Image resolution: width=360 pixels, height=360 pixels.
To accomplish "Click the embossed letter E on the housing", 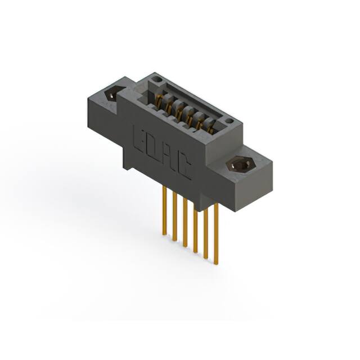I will click(139, 138).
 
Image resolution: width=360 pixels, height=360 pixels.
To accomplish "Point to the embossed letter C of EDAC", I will click(184, 168).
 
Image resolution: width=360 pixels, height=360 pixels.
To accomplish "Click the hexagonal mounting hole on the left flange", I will click(115, 93).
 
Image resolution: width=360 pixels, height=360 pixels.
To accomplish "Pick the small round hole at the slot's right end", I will click(228, 121).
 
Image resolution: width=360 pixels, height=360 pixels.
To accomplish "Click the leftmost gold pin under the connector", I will click(164, 211).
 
